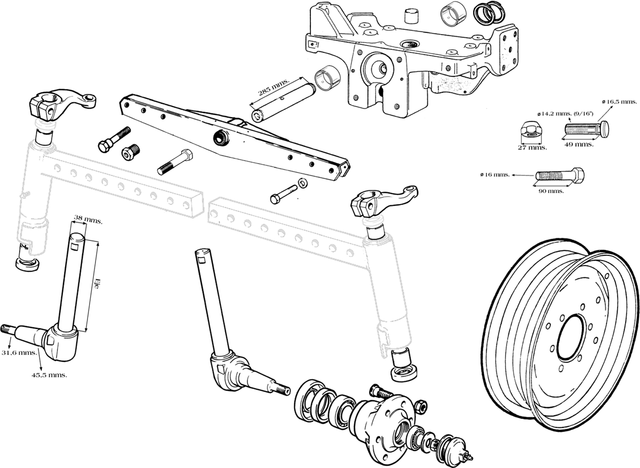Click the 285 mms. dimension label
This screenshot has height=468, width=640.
point(273,88)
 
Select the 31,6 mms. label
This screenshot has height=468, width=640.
point(19,352)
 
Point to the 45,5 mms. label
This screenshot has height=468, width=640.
point(49,375)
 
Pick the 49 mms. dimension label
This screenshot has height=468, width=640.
point(579,145)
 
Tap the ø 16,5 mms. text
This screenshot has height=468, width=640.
point(619,101)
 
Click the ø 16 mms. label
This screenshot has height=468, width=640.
point(494,174)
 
